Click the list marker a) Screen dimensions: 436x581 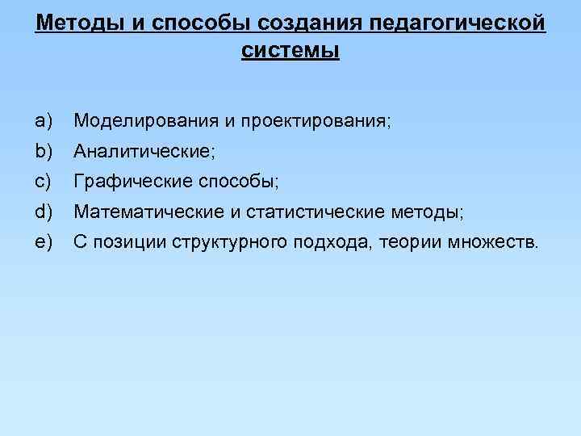click(44, 121)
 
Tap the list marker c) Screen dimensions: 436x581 click(44, 182)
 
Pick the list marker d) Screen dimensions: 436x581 click(44, 212)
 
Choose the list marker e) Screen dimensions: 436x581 click(44, 242)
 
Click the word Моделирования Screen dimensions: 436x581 click(146, 121)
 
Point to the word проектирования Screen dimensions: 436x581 click(316, 122)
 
